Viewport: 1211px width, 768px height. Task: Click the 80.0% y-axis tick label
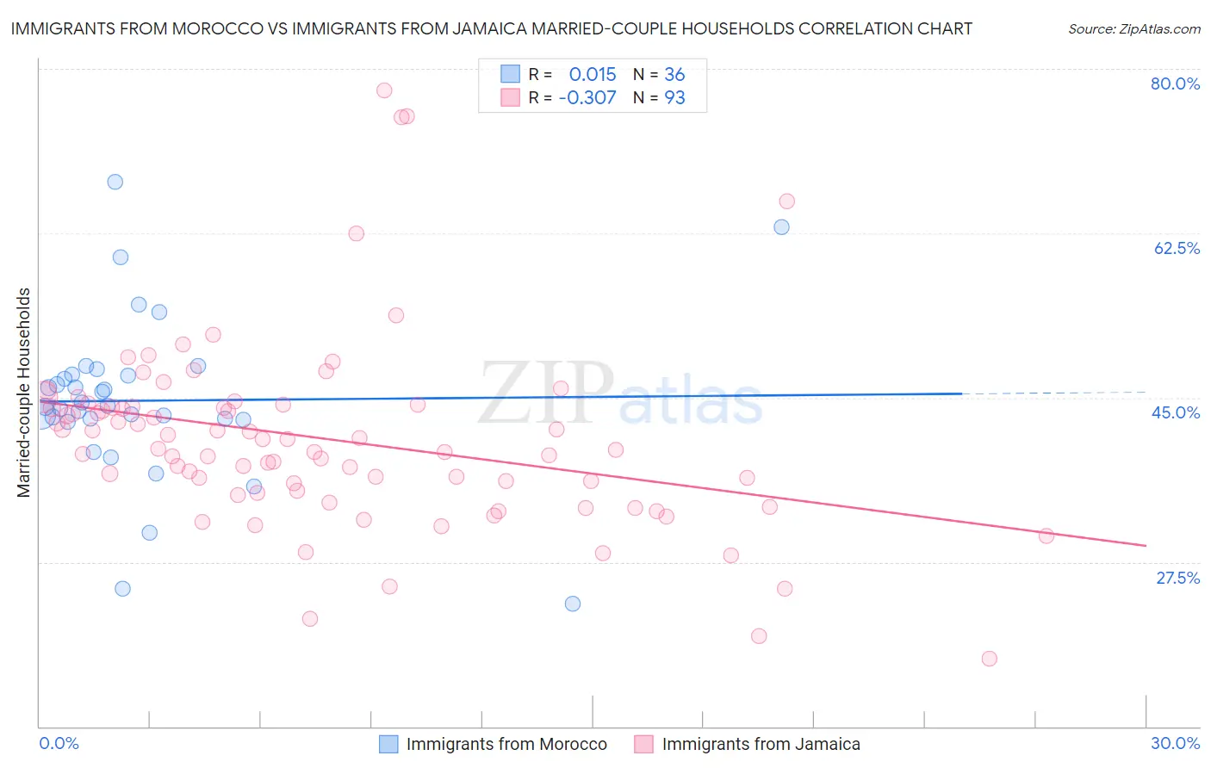coord(1175,84)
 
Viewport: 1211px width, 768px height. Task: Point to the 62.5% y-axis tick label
coord(1177,248)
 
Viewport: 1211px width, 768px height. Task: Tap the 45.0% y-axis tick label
coord(1176,412)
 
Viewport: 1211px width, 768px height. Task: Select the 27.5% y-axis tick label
coord(1177,578)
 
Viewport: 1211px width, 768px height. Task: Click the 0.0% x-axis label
coord(59,743)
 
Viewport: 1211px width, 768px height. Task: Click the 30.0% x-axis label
coord(1175,743)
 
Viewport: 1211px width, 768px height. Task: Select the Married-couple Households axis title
coord(24,393)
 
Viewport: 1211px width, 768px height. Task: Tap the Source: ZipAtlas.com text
coord(1133,28)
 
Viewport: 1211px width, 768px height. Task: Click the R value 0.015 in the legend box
coord(593,75)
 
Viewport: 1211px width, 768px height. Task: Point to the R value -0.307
coord(587,98)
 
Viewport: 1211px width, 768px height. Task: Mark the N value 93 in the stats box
coord(674,98)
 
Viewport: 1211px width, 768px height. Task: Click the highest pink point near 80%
coord(384,90)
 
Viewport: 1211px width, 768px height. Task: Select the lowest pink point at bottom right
coord(989,659)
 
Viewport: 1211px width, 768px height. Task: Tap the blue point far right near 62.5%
coord(781,227)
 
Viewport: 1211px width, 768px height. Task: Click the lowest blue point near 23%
coord(572,604)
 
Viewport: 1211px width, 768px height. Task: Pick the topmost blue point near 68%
coord(115,182)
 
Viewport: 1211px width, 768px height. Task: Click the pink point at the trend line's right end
coord(1046,536)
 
